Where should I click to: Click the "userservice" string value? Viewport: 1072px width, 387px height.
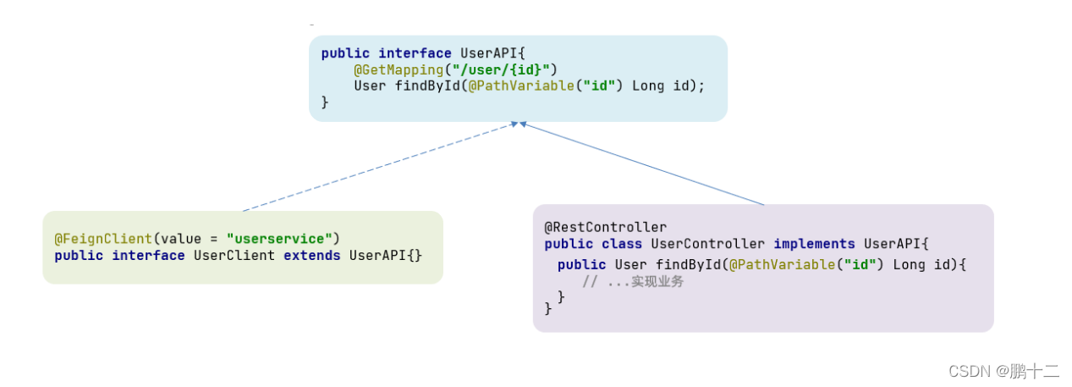[x=280, y=239]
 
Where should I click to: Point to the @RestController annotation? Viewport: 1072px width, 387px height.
[x=605, y=227]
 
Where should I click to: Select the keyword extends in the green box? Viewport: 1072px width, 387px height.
[x=311, y=256]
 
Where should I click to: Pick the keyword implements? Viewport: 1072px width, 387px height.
[x=814, y=244]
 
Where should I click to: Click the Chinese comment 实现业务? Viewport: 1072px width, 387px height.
[x=657, y=281]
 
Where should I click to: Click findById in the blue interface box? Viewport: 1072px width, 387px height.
[x=427, y=86]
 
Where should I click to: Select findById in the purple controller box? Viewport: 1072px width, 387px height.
[x=688, y=264]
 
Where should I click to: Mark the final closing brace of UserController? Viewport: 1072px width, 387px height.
[x=548, y=310]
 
